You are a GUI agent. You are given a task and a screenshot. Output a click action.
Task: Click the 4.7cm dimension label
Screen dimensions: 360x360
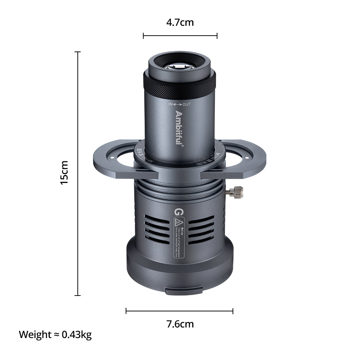[180, 23]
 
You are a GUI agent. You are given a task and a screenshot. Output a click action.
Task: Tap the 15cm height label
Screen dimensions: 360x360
[64, 173]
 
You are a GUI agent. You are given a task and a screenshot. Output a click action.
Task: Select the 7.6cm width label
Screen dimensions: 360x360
[180, 324]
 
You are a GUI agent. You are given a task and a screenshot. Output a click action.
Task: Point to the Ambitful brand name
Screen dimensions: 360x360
[179, 128]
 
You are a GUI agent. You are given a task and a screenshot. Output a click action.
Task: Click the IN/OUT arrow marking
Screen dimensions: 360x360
[180, 104]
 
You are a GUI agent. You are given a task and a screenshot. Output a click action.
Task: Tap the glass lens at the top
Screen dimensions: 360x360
[179, 66]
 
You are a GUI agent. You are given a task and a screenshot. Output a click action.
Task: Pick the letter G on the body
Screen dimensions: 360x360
[177, 212]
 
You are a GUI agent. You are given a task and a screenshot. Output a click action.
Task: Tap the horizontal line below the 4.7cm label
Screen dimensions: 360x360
[180, 36]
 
